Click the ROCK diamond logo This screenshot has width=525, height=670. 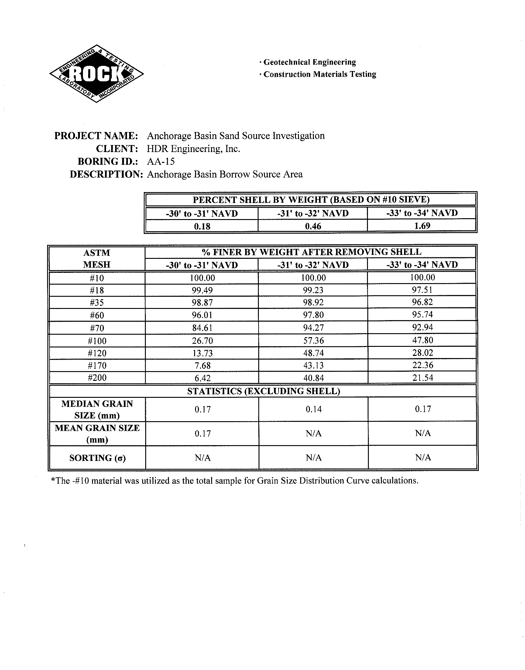point(96,74)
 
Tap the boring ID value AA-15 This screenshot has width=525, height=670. point(161,161)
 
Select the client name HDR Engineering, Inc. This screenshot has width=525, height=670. point(193,149)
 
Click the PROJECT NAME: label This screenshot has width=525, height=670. point(96,136)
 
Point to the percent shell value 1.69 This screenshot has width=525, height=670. point(422,226)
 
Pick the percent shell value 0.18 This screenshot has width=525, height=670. point(202,226)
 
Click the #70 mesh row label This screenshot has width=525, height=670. point(97,328)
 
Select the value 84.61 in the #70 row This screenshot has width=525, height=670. point(202,328)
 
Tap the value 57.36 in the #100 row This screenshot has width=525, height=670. point(313,340)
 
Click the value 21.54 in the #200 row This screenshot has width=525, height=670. point(423,377)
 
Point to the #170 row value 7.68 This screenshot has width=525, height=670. point(202,365)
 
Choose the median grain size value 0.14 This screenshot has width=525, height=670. point(314,409)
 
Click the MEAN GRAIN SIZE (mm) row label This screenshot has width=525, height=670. point(97,433)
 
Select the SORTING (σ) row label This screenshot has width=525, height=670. point(98,458)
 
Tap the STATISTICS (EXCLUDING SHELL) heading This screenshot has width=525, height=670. point(263,391)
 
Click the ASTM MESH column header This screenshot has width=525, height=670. point(97,259)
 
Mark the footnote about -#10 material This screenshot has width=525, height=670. point(235,481)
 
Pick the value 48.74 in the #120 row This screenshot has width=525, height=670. point(313,353)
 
